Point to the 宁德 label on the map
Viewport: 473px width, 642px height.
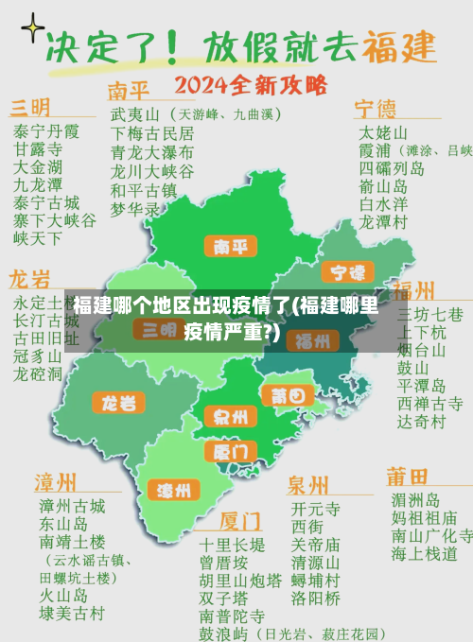[347, 273]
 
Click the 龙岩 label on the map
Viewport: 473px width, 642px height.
[118, 403]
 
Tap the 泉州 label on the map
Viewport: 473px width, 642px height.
[230, 417]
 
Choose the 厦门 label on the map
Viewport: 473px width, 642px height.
[230, 451]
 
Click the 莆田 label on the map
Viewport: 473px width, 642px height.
[288, 395]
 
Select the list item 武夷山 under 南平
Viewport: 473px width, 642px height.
[132, 114]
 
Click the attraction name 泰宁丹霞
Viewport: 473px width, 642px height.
[46, 131]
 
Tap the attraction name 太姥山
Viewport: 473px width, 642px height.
[383, 131]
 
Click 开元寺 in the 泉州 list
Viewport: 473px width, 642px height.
[315, 508]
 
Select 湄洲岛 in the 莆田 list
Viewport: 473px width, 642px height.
[415, 500]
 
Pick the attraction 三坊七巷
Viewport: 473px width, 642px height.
[429, 314]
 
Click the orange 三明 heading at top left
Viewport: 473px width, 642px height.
[30, 105]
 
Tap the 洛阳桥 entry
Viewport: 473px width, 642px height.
[315, 598]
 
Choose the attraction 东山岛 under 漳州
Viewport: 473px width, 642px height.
[63, 524]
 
